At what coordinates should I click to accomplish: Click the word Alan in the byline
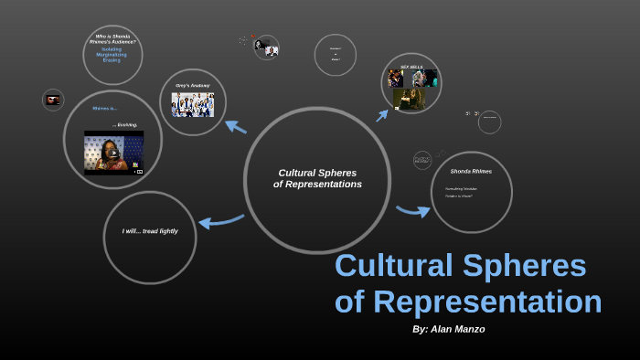(448, 329)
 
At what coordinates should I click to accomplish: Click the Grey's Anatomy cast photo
(192, 105)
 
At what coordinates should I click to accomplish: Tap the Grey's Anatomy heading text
(192, 86)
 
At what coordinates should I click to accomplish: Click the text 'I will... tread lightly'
(150, 231)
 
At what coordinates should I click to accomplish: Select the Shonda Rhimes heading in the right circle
(471, 171)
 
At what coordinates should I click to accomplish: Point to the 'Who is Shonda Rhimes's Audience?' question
(112, 38)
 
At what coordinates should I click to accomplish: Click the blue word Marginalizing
(112, 54)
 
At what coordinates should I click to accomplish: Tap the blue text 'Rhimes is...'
(103, 108)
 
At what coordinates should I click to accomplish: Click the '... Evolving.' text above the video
(125, 124)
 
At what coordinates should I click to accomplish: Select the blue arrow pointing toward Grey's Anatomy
(235, 127)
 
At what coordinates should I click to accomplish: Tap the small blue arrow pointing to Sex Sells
(382, 115)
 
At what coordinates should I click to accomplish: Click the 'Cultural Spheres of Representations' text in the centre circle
(317, 178)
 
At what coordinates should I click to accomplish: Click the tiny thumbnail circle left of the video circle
(53, 100)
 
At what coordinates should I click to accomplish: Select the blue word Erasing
(112, 59)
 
